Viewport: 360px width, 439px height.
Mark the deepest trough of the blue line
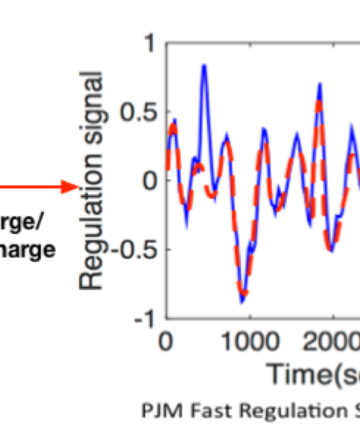point(242,302)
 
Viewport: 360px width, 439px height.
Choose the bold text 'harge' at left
point(27,250)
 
